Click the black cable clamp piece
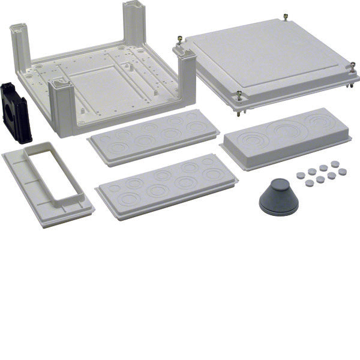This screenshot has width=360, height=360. point(16,113)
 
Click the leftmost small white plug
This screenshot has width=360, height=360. point(300,175)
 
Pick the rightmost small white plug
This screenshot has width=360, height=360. point(343,172)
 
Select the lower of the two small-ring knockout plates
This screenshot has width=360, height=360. point(166,184)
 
